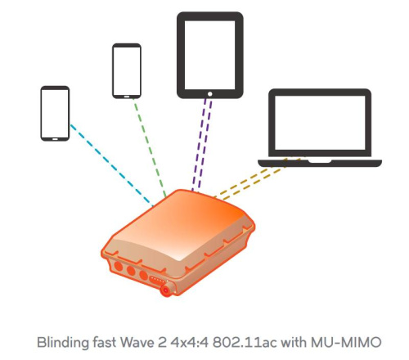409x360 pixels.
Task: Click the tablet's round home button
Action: tap(209, 94)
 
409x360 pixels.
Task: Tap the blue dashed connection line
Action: tap(112, 165)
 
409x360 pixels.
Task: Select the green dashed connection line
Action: tap(150, 147)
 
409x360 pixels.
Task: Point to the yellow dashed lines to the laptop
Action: tap(256, 178)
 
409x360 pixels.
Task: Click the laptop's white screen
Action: tap(320, 123)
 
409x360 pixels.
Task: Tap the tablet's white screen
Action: tap(209, 55)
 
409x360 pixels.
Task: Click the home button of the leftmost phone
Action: tap(55, 139)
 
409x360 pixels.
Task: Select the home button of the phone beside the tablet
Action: tap(127, 97)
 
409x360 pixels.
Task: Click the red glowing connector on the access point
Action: tap(166, 290)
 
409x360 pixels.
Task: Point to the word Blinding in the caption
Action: tap(62, 343)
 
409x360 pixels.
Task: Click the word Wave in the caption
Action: tap(137, 342)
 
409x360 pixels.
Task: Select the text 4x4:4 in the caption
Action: tap(189, 343)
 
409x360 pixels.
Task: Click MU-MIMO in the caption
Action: tap(346, 342)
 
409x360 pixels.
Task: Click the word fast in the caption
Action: tap(104, 342)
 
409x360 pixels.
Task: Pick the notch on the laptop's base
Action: tap(320, 161)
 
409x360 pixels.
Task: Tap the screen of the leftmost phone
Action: tap(55, 113)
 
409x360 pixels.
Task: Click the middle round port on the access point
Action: tap(131, 271)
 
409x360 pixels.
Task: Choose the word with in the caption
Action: tap(294, 342)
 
